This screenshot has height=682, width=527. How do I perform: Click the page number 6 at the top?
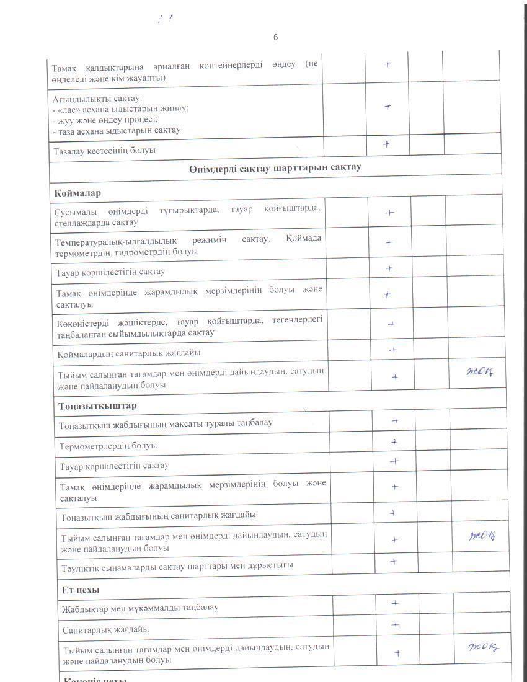(x=275, y=37)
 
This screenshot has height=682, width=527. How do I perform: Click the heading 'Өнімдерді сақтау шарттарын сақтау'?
(x=275, y=168)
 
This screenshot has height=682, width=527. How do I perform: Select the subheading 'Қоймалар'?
(x=77, y=193)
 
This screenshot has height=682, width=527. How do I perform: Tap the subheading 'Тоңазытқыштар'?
(x=98, y=405)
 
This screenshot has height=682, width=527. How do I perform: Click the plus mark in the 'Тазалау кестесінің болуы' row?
(x=387, y=144)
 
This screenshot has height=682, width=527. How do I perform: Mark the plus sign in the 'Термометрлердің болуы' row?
(x=394, y=442)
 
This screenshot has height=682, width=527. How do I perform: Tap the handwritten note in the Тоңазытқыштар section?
(x=482, y=536)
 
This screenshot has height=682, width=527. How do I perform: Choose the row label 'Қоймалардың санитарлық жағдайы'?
(x=129, y=353)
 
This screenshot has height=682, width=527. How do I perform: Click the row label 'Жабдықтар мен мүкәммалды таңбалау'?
(x=140, y=608)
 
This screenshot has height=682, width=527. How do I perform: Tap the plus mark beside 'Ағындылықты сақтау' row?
(x=387, y=106)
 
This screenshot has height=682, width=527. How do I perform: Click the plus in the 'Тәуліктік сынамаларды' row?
(x=393, y=561)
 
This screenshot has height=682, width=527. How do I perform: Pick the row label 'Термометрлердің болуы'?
(x=108, y=446)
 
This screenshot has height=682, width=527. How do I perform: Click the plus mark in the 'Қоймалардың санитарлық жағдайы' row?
(x=392, y=350)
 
